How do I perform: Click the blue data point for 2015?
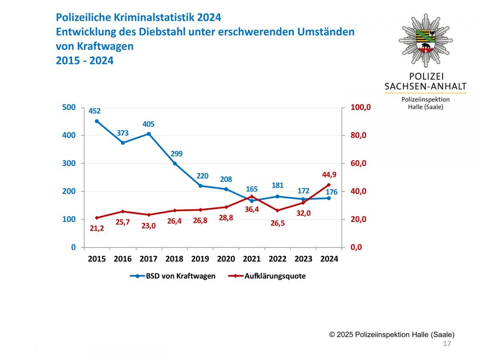97,121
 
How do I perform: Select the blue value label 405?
148,124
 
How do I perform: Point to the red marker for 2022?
278,210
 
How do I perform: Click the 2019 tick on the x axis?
200,259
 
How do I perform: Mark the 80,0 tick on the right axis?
358,135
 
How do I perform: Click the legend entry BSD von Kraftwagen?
173,276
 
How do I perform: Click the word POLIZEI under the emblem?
426,76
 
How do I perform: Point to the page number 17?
447,344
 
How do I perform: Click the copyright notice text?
392,334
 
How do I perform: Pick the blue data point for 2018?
174,163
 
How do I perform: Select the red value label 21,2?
96,228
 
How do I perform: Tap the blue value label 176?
331,192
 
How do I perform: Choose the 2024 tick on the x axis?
329,259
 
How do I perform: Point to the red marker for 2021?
252,196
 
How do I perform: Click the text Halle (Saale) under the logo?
426,107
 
